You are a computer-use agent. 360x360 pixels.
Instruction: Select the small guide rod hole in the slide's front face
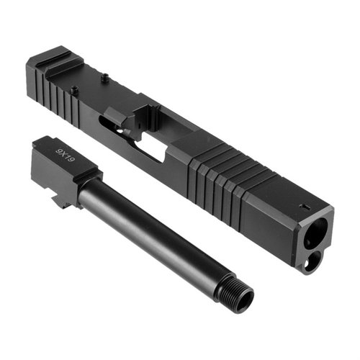(310, 264)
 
